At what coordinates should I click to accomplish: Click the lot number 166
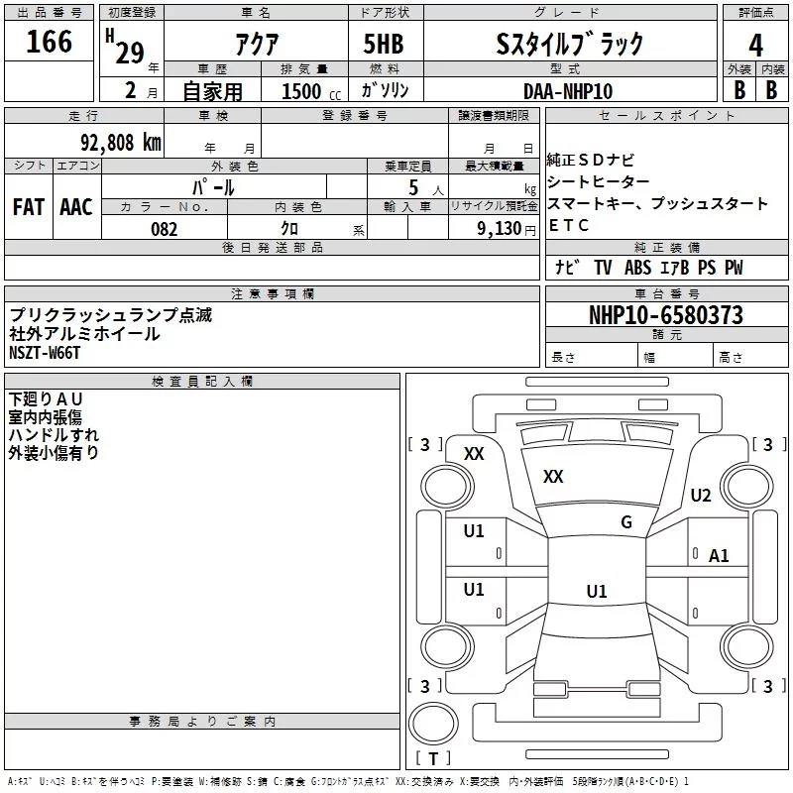click(x=49, y=41)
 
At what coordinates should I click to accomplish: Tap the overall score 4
click(x=755, y=46)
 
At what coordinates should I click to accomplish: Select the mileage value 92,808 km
click(x=121, y=143)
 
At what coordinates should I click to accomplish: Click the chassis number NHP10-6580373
click(x=666, y=315)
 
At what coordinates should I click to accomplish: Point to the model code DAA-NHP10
click(x=568, y=91)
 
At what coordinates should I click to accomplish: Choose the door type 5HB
click(x=384, y=44)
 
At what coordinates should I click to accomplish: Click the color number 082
click(x=165, y=229)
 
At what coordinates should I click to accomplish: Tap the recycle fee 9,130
click(x=500, y=229)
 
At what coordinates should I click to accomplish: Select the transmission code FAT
click(x=29, y=207)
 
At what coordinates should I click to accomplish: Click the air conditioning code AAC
click(x=76, y=207)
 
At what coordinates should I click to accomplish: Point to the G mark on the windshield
click(x=626, y=522)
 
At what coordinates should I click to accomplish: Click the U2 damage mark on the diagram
click(x=701, y=495)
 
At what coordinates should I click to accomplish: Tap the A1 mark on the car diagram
click(x=719, y=556)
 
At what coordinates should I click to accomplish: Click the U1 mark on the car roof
click(x=597, y=591)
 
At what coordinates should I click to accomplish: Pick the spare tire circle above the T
click(x=433, y=724)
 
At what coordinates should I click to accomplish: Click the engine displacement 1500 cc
click(x=311, y=91)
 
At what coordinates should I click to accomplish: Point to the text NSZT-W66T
click(x=45, y=353)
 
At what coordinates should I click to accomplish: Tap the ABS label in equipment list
click(x=637, y=268)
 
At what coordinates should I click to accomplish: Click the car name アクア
click(x=257, y=45)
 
